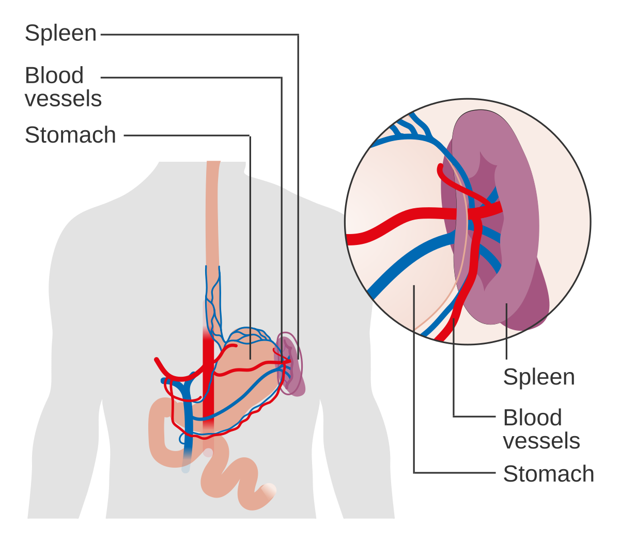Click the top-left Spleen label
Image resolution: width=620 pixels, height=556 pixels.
click(60, 34)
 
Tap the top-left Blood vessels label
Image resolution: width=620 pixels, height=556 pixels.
click(63, 87)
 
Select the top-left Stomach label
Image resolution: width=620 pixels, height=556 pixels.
click(70, 135)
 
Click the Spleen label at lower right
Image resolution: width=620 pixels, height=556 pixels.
click(538, 377)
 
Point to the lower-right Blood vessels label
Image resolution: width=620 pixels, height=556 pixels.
click(541, 429)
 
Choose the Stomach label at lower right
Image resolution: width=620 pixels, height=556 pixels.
click(548, 474)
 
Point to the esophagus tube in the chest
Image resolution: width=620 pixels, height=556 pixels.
click(212, 217)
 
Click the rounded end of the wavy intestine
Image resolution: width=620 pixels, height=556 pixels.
click(269, 491)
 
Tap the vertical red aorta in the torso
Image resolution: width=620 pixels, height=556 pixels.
click(208, 393)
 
